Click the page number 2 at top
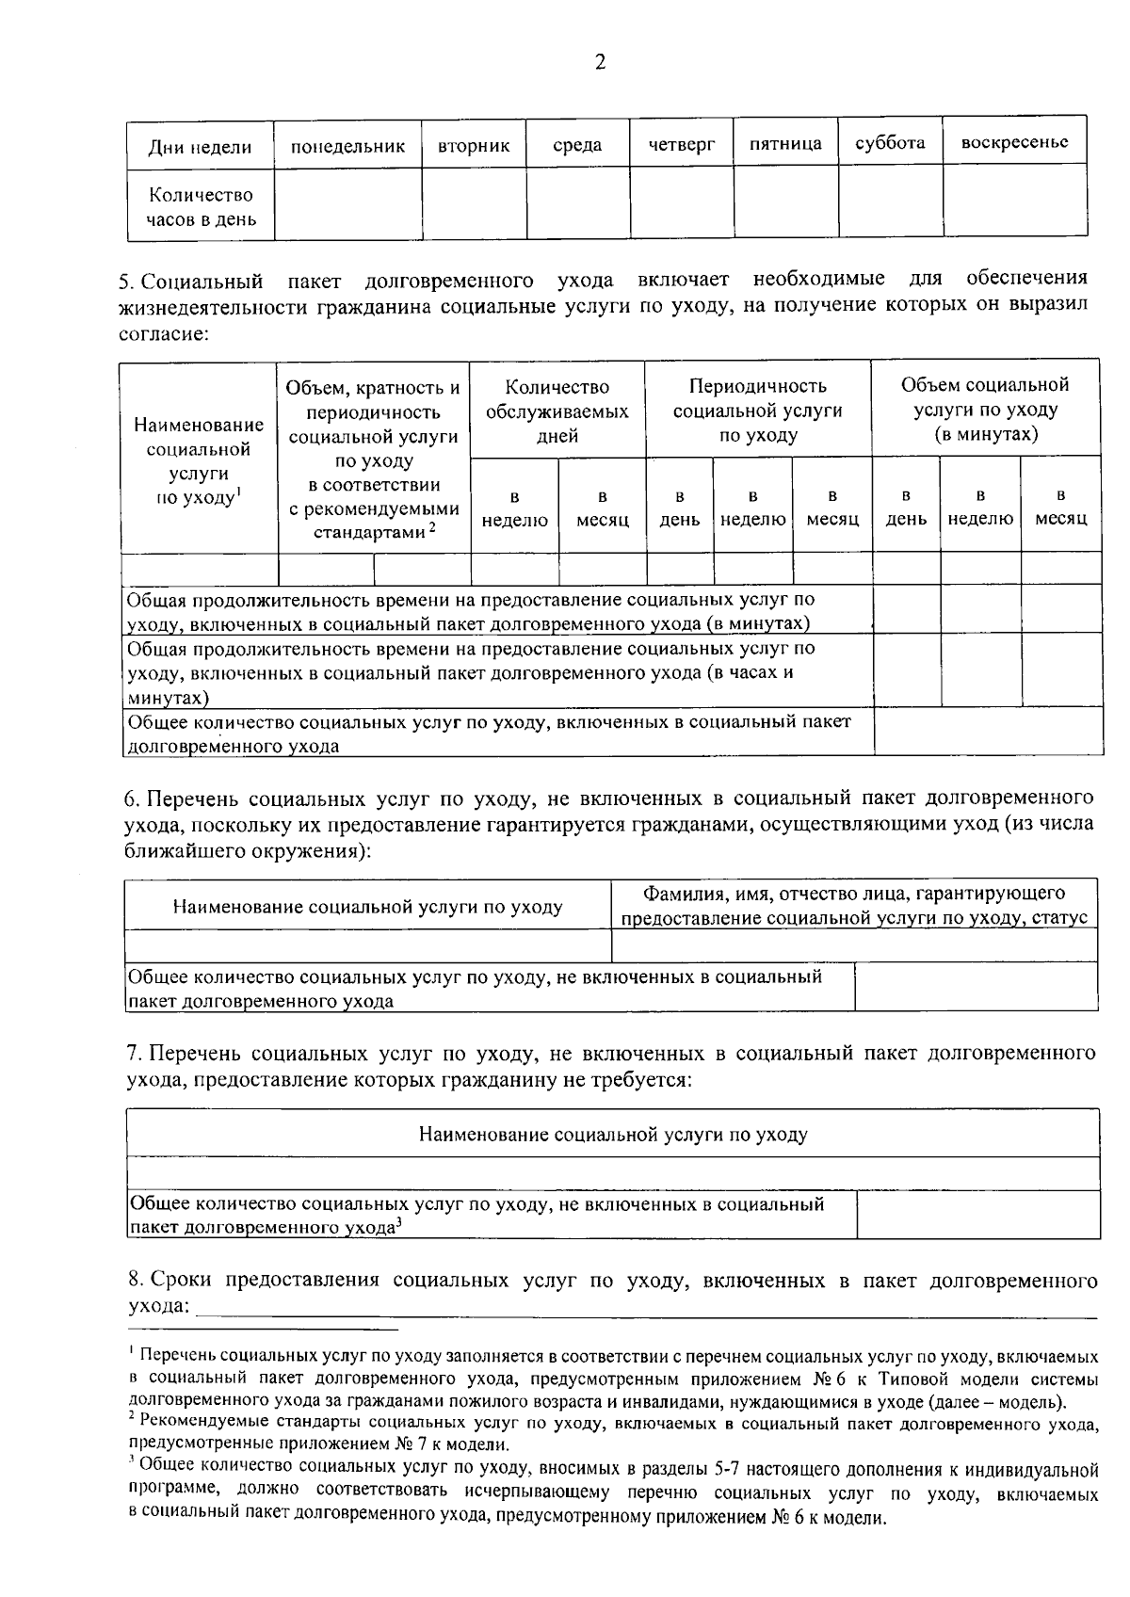point(600,62)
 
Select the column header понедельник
point(347,146)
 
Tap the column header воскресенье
point(1014,142)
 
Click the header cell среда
point(577,145)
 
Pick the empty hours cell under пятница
point(785,204)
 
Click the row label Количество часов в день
point(201,207)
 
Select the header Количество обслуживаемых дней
point(557,411)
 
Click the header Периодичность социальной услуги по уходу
point(757,411)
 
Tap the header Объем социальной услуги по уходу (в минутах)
point(985,411)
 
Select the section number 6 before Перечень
point(131,799)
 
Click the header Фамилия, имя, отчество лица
point(853,905)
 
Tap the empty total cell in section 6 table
point(976,986)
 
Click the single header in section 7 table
point(613,1134)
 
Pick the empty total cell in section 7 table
point(977,1215)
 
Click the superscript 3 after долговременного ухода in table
point(399,1223)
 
